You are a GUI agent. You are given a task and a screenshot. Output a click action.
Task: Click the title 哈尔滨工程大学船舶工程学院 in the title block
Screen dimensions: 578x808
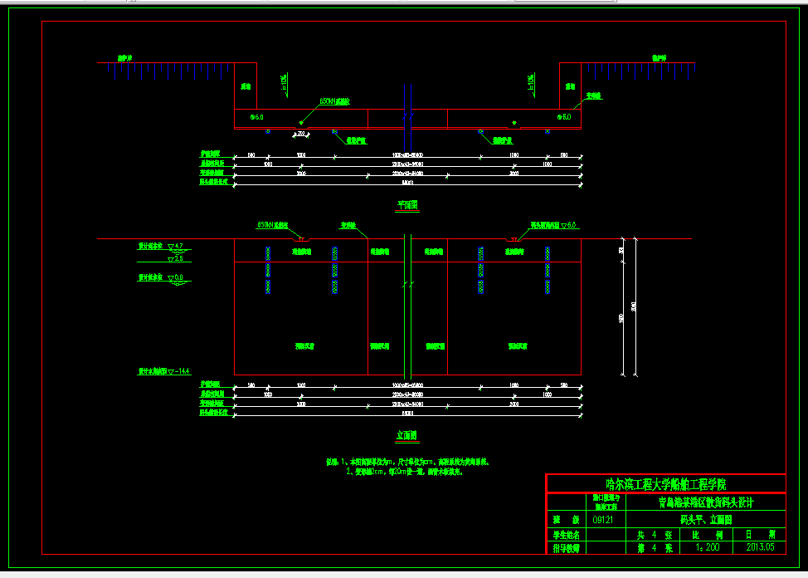665,483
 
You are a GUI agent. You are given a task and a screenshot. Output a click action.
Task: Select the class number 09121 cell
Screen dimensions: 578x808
604,520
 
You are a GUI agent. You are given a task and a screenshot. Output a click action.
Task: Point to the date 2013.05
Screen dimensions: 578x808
760,547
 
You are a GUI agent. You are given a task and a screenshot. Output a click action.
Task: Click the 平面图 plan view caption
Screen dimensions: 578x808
406,204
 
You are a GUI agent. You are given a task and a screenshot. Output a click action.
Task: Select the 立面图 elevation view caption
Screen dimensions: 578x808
406,435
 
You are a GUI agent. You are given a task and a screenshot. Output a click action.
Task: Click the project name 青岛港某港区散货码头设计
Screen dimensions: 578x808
705,502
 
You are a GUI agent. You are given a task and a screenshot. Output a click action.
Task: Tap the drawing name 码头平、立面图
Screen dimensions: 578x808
705,520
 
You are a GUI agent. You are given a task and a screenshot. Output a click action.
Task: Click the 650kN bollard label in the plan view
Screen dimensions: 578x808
335,102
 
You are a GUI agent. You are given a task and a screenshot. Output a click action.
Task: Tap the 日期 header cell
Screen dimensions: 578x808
760,534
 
